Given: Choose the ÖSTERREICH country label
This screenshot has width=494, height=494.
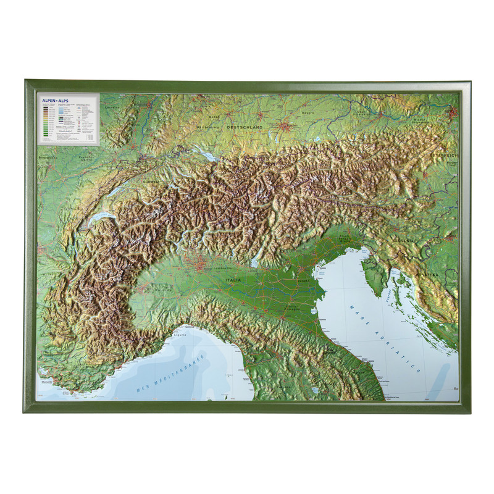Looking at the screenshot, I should (x=446, y=155).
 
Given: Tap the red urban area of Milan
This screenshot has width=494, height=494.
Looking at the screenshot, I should (x=202, y=266).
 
